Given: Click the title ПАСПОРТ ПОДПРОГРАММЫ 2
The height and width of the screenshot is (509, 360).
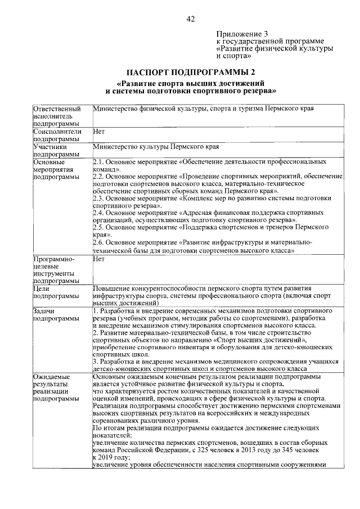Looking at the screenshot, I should pyautogui.click(x=190, y=72).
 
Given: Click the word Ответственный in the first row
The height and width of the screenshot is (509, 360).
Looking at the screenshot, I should pyautogui.click(x=57, y=108).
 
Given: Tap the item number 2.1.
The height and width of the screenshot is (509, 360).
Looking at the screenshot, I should pyautogui.click(x=97, y=161).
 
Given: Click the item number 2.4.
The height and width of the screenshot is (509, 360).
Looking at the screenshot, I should pyautogui.click(x=97, y=213).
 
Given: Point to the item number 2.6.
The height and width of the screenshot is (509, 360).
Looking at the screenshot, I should pyautogui.click(x=97, y=242).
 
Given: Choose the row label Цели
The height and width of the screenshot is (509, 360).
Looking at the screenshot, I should pyautogui.click(x=43, y=287).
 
